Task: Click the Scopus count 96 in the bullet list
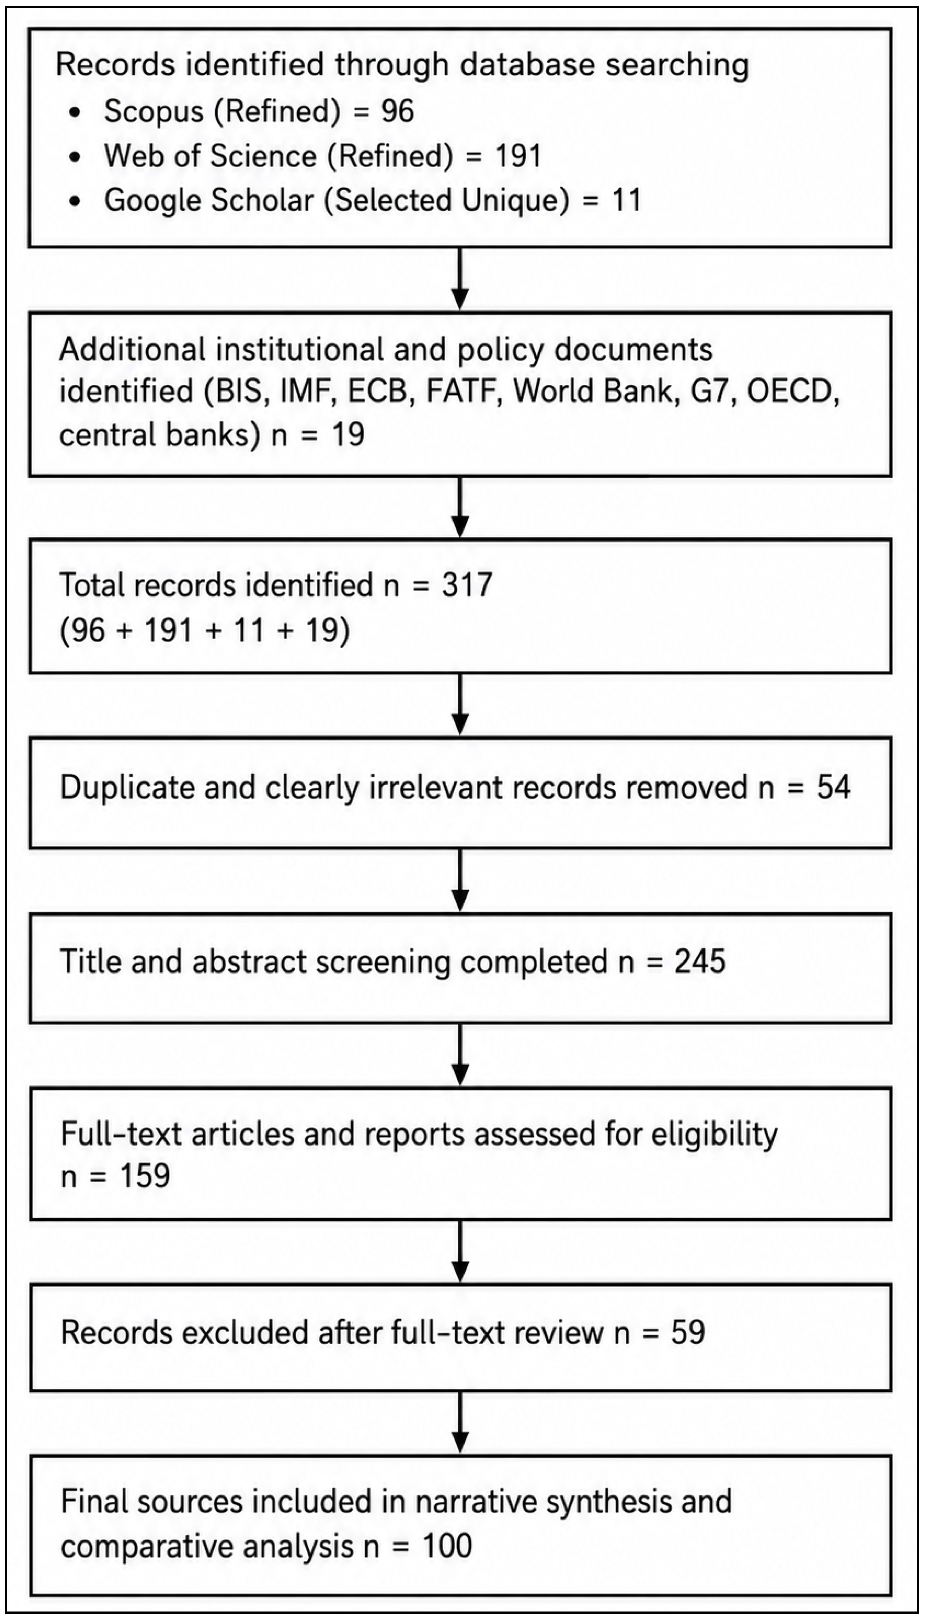[398, 111]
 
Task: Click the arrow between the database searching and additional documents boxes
[460, 279]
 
